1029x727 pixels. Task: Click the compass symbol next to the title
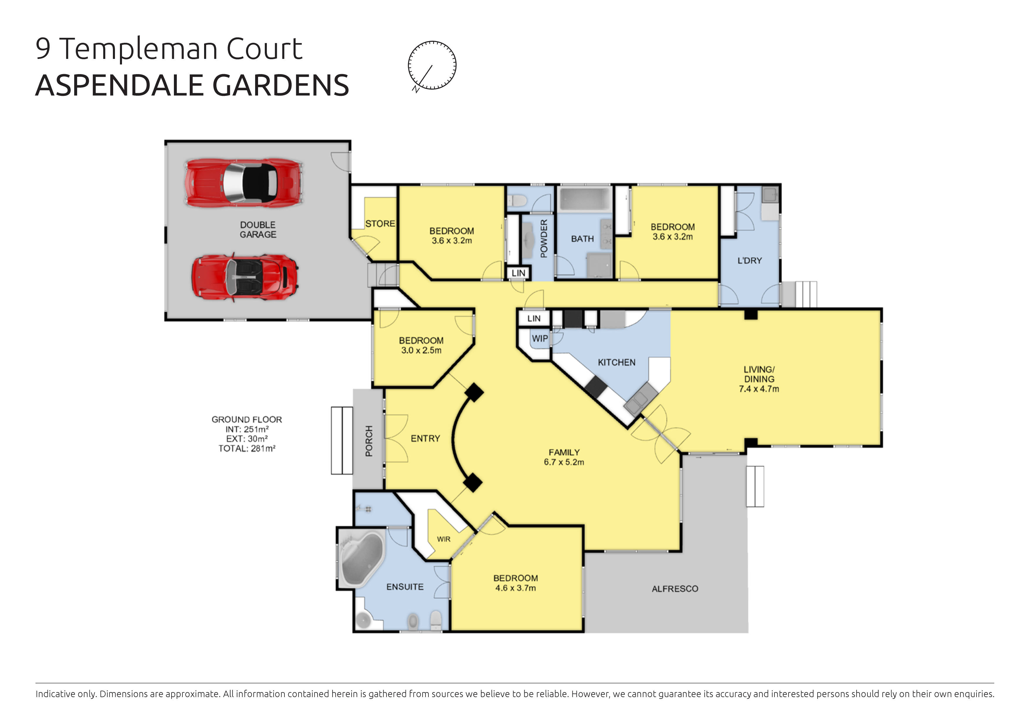pyautogui.click(x=432, y=65)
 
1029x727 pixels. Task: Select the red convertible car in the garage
pyautogui.click(x=245, y=278)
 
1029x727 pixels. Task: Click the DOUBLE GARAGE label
pyautogui.click(x=258, y=230)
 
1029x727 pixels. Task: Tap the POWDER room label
pyautogui.click(x=544, y=238)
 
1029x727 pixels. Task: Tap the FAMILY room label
pyautogui.click(x=564, y=452)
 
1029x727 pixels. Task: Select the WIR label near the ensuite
pyautogui.click(x=444, y=539)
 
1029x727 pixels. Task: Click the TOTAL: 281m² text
pyautogui.click(x=247, y=448)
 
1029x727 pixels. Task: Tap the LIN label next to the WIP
pyautogui.click(x=533, y=319)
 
